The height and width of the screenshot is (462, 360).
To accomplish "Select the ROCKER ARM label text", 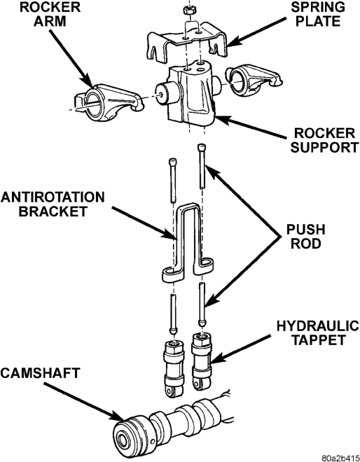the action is click(50, 15).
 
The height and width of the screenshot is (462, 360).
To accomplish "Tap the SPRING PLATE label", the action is click(317, 15).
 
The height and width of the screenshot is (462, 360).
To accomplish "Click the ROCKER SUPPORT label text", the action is click(324, 140).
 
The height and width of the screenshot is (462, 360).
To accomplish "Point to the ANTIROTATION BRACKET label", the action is click(53, 204).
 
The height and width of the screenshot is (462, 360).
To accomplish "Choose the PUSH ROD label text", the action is click(306, 237).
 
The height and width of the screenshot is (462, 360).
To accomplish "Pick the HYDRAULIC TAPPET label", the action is click(318, 333).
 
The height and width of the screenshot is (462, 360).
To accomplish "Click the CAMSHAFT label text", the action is click(40, 373).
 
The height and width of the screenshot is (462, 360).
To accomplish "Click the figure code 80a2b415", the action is click(340, 458).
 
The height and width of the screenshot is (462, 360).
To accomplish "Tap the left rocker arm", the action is click(109, 101).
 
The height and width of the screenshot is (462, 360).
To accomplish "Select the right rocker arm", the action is click(254, 78).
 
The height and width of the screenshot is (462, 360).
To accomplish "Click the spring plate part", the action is click(188, 45).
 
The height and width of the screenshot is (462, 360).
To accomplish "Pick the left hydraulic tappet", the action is click(174, 368).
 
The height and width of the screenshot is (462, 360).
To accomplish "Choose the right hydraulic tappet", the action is click(202, 361).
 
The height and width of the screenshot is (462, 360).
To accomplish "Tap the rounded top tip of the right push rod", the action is click(201, 146).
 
